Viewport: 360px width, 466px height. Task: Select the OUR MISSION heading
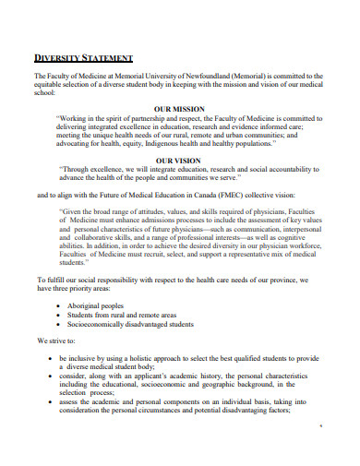click(179, 109)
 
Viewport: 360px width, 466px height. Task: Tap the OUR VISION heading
click(179, 160)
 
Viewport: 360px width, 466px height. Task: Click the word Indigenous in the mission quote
click(180, 143)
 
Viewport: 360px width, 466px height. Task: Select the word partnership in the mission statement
click(147, 118)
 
